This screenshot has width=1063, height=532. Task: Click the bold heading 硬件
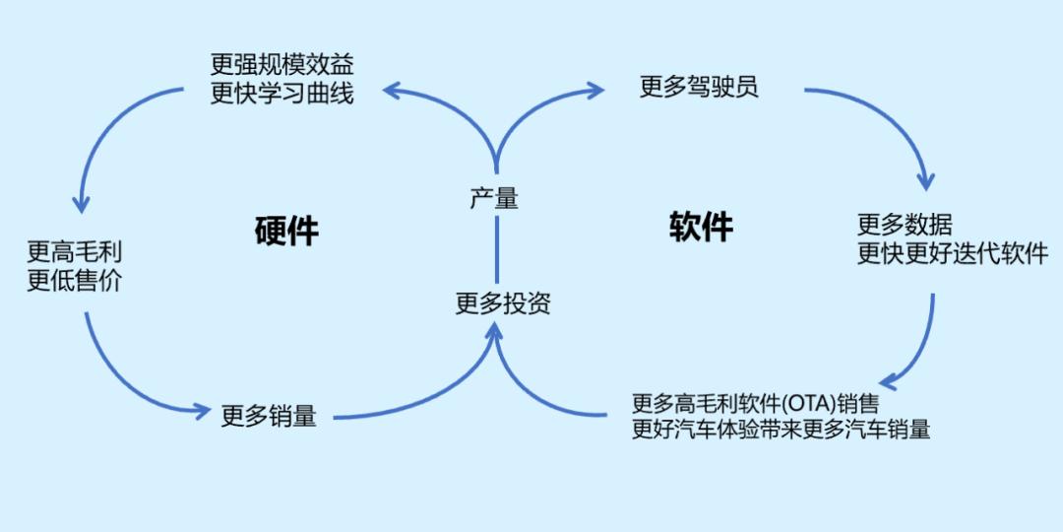[286, 231]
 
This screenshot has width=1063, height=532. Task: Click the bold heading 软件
[701, 226]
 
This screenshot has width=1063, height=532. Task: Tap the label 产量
[494, 197]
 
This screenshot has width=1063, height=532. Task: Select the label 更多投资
[502, 304]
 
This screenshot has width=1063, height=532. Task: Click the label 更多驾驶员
[699, 87]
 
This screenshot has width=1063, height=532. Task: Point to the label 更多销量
[269, 416]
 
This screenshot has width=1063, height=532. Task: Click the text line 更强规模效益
[282, 66]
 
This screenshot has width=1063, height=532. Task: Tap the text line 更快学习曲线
[282, 94]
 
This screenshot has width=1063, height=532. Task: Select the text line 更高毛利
[75, 252]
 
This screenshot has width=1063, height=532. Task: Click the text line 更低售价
[75, 280]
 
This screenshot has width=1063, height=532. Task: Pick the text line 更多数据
[905, 225]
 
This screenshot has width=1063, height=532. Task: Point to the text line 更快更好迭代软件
[953, 253]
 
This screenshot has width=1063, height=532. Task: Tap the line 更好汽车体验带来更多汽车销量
[781, 431]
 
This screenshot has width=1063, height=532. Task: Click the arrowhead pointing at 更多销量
[201, 409]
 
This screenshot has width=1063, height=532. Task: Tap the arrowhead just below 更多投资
[495, 332]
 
